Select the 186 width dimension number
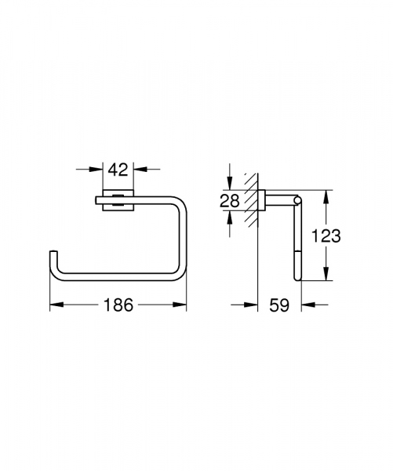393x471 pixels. click(x=118, y=304)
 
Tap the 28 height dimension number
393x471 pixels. click(x=229, y=200)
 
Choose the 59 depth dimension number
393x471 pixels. click(x=280, y=304)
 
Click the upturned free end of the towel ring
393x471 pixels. click(x=54, y=254)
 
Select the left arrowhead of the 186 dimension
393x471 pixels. click(x=55, y=304)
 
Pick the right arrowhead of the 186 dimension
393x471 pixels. click(x=182, y=304)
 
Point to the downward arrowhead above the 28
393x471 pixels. click(x=229, y=186)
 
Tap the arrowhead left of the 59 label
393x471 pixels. click(x=253, y=304)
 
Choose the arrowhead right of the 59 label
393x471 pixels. click(x=307, y=304)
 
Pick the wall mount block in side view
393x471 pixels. click(x=264, y=201)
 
